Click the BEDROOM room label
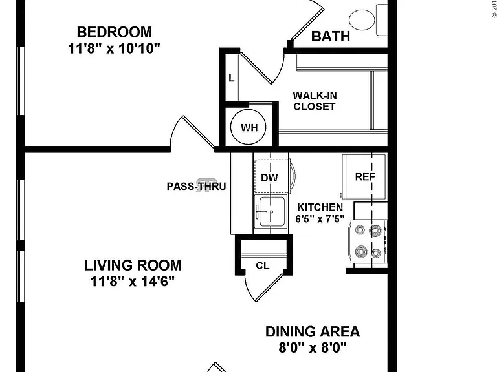[x=115, y=32]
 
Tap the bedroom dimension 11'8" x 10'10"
[x=114, y=48]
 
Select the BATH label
[x=331, y=36]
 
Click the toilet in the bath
[x=368, y=19]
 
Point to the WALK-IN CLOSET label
[x=315, y=101]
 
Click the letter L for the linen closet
[x=232, y=78]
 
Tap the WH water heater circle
[x=248, y=127]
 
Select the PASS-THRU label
[x=197, y=186]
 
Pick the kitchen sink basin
[x=272, y=211]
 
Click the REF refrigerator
[x=364, y=176]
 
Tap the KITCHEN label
[x=320, y=207]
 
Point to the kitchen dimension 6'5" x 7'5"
[x=320, y=218]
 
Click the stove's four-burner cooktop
[x=368, y=242]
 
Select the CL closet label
[x=263, y=265]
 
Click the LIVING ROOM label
[x=133, y=265]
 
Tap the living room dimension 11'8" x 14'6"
[x=133, y=281]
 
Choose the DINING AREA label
[x=313, y=331]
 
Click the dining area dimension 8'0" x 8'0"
[x=313, y=347]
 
